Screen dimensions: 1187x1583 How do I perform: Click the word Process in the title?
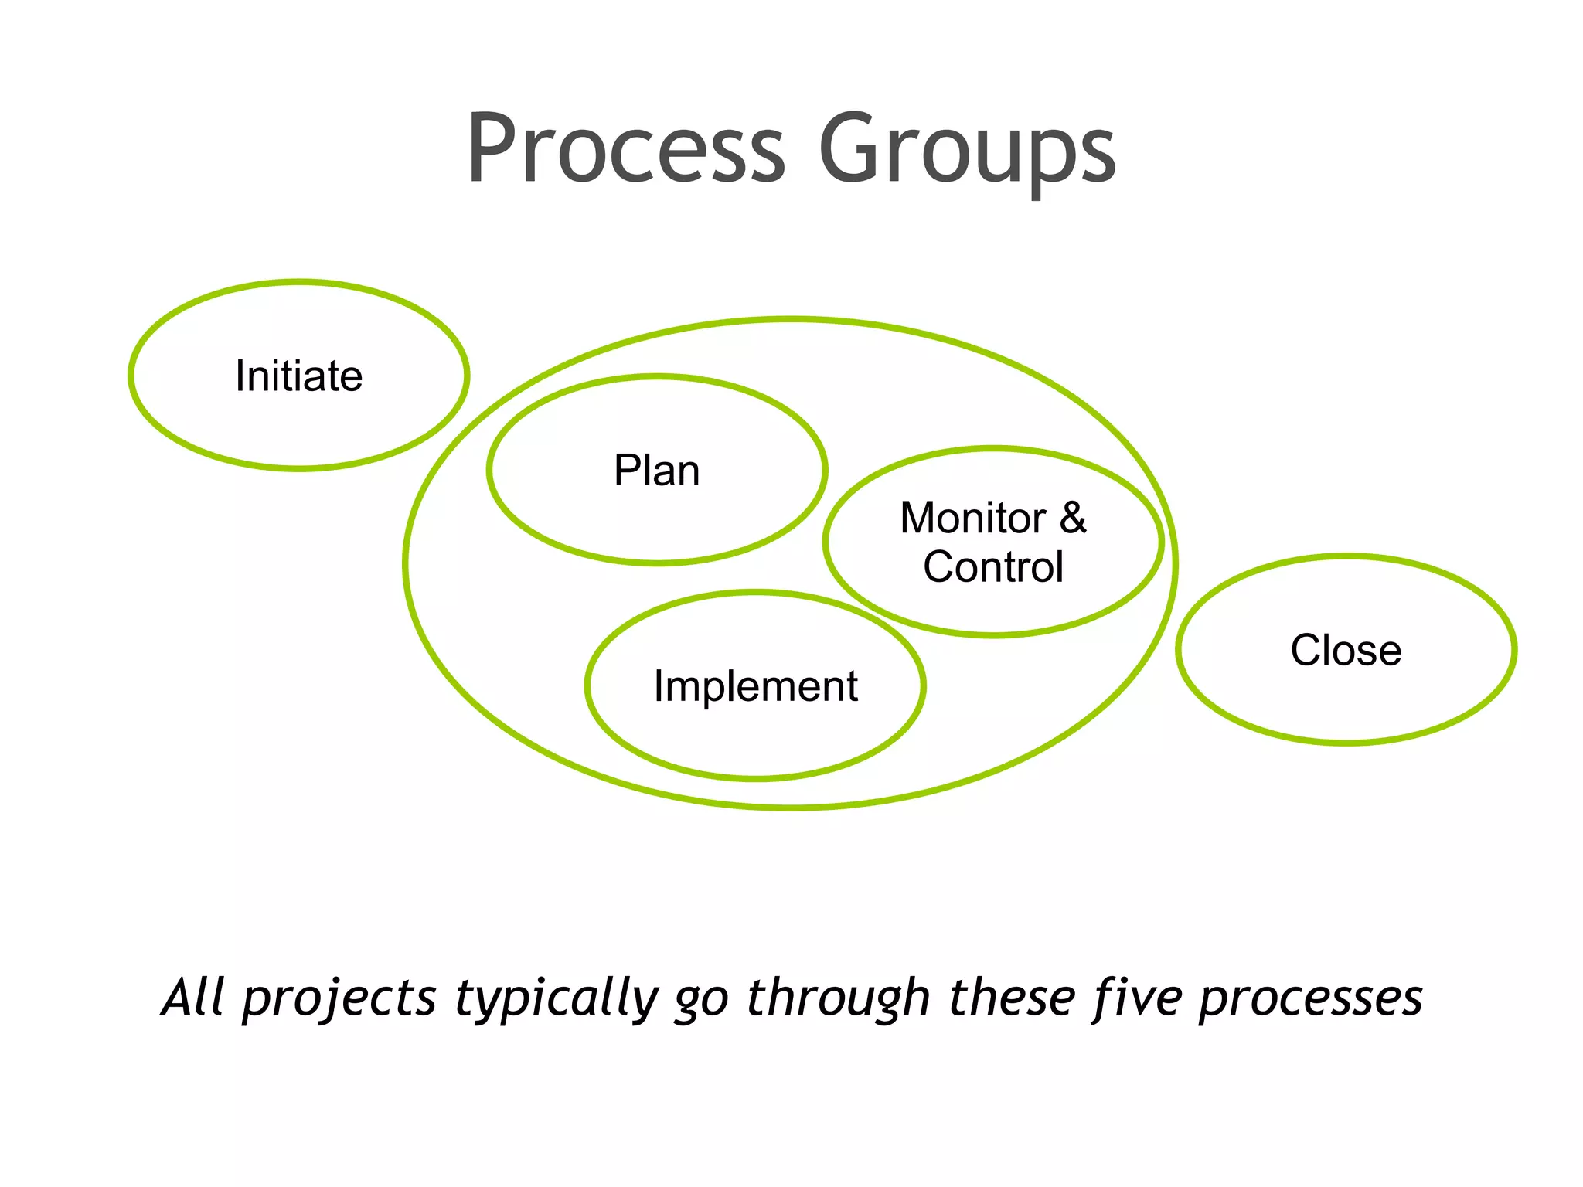click(x=626, y=148)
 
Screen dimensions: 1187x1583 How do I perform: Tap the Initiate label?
click(x=299, y=376)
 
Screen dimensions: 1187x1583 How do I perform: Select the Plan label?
click(x=656, y=471)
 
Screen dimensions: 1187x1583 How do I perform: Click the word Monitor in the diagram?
click(x=972, y=518)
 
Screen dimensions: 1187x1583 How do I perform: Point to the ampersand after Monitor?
click(x=1073, y=518)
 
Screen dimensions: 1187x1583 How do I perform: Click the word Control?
click(x=993, y=567)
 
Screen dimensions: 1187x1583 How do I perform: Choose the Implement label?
click(x=755, y=686)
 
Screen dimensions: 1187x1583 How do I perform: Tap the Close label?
click(x=1346, y=651)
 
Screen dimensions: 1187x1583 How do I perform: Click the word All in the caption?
click(x=194, y=997)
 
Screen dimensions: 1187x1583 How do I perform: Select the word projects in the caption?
click(x=339, y=998)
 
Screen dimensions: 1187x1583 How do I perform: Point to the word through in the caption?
click(x=838, y=998)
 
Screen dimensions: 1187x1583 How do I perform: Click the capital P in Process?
click(x=495, y=148)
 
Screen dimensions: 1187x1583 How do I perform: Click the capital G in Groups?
click(x=850, y=148)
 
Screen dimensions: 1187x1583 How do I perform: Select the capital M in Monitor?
click(x=919, y=518)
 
